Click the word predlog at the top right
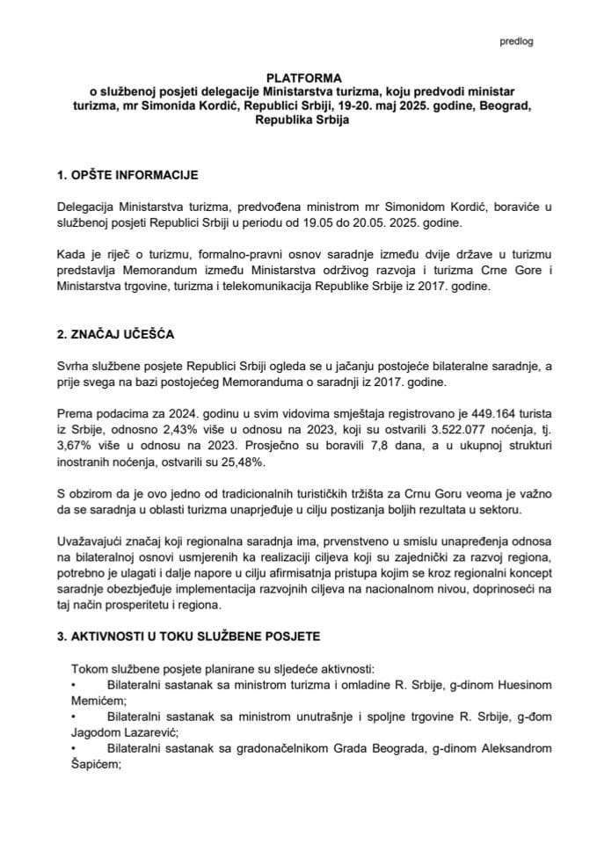[515, 41]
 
